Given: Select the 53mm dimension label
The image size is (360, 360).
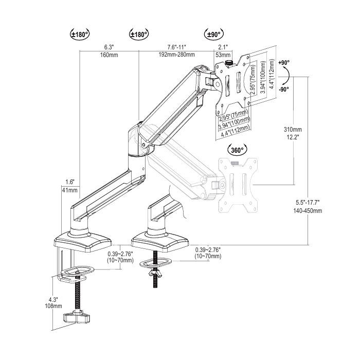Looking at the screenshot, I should point(223,55).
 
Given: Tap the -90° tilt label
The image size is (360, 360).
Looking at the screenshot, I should point(283,89).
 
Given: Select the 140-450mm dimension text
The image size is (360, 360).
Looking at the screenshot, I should point(308,211).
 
